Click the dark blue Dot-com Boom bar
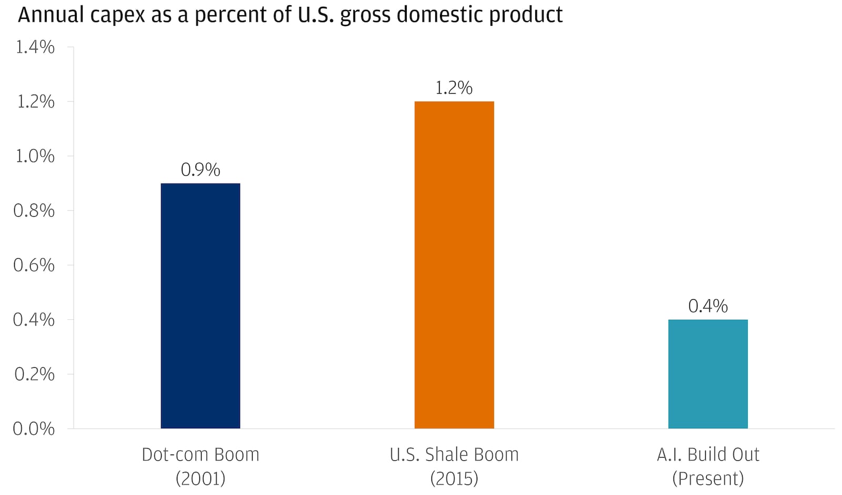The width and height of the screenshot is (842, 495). tap(200, 306)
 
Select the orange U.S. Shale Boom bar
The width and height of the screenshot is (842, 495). tap(454, 265)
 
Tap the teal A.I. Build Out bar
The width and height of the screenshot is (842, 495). tap(708, 373)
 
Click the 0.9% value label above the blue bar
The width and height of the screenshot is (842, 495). tap(200, 170)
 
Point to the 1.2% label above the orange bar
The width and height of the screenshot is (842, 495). tap(454, 88)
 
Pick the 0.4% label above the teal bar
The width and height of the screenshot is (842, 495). tap(708, 306)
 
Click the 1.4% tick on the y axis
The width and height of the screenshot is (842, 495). tap(35, 47)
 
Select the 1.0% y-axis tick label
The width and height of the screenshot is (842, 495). tap(35, 156)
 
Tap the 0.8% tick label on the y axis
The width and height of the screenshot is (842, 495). tap(34, 211)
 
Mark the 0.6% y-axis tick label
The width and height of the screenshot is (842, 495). tap(34, 265)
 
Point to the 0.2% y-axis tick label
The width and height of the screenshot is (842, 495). tap(34, 375)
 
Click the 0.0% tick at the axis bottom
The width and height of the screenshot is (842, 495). tap(34, 429)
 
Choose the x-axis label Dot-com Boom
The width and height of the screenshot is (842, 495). tap(201, 454)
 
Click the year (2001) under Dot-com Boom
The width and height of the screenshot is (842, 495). tap(201, 478)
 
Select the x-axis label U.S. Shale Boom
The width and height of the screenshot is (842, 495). tap(454, 454)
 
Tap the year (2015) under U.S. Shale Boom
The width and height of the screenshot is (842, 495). tap(454, 478)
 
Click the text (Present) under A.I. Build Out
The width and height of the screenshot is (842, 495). tap(708, 478)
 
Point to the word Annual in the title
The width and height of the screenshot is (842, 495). tap(50, 15)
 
